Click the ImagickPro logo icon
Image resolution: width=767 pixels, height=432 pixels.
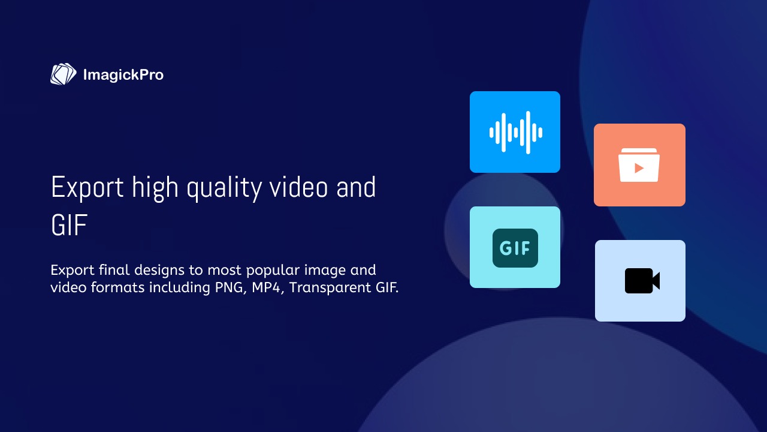click(64, 74)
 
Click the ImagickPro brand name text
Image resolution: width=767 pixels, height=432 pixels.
click(123, 75)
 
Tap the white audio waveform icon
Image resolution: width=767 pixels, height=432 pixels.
click(516, 133)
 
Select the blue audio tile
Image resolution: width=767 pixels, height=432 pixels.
click(515, 132)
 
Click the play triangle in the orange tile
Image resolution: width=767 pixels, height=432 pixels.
click(639, 168)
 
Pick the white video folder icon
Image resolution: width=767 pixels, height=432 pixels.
click(639, 165)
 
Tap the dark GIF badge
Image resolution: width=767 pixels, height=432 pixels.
click(515, 248)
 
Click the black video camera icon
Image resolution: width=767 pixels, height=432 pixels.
click(642, 281)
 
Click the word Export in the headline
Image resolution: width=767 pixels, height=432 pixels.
click(87, 188)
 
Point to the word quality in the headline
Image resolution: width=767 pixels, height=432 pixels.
click(224, 188)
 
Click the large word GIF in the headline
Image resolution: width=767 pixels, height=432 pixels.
click(69, 225)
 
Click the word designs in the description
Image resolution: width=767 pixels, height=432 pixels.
click(159, 271)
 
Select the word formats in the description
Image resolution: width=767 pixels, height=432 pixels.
click(117, 287)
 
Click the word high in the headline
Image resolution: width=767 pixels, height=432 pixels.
click(155, 188)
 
